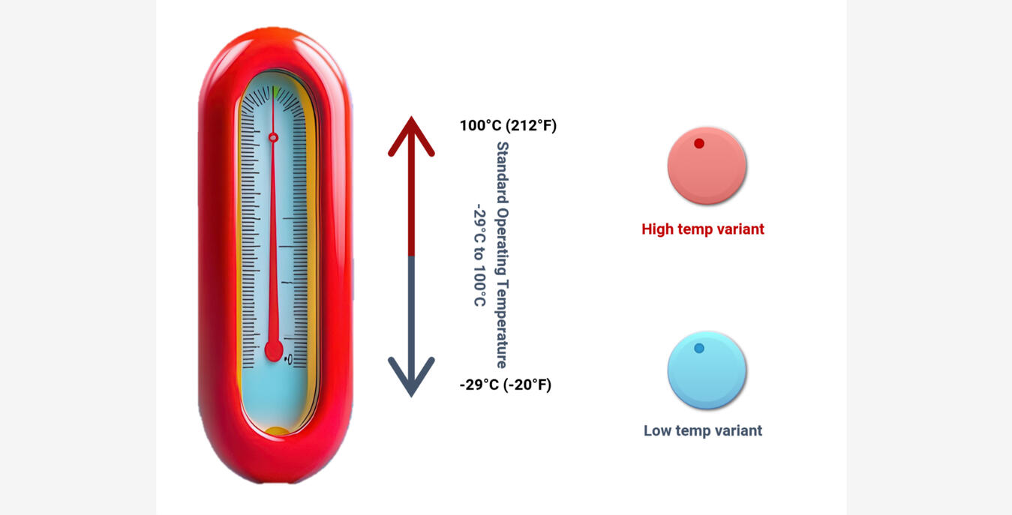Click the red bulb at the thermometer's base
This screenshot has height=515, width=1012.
274,351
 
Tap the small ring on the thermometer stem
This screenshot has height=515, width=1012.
273,137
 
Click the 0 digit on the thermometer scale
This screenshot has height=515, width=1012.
290,359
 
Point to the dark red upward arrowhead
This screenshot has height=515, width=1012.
411,136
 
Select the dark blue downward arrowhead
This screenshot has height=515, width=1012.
411,377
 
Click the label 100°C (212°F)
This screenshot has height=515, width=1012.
509,125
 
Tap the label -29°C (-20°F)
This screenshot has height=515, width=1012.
506,385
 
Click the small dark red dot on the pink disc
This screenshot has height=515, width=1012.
699,143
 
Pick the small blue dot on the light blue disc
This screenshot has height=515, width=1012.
699,348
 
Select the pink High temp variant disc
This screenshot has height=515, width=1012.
707,166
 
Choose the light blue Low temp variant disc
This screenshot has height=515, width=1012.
707,370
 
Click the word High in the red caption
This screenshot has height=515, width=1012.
657,229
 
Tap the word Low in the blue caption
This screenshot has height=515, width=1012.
657,430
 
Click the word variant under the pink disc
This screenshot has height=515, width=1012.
740,229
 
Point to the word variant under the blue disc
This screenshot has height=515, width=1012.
738,430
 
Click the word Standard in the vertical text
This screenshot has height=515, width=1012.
503,173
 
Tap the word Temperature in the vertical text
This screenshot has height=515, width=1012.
503,324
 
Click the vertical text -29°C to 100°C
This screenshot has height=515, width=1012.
480,256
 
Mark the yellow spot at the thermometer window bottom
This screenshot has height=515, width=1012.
277,430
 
